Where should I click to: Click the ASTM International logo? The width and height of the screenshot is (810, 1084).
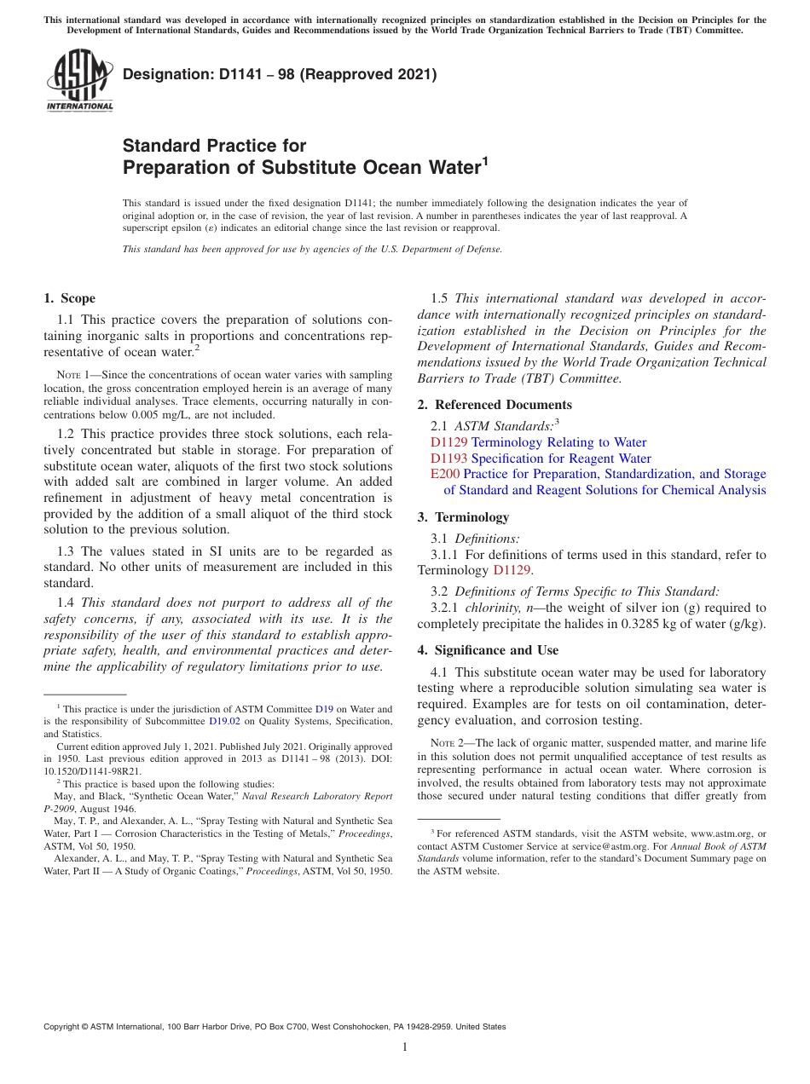point(78,80)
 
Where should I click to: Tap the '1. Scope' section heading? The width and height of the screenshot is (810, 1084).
point(69,298)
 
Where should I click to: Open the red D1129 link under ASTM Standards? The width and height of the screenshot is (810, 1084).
point(448,442)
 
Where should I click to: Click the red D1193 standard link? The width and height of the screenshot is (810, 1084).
point(448,458)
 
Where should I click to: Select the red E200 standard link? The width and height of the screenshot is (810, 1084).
point(445,474)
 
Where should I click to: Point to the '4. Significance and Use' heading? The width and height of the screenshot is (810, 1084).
point(488,650)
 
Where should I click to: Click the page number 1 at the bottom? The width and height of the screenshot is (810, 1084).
point(405,1047)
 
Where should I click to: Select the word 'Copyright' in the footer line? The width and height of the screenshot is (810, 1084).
point(64,1027)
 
